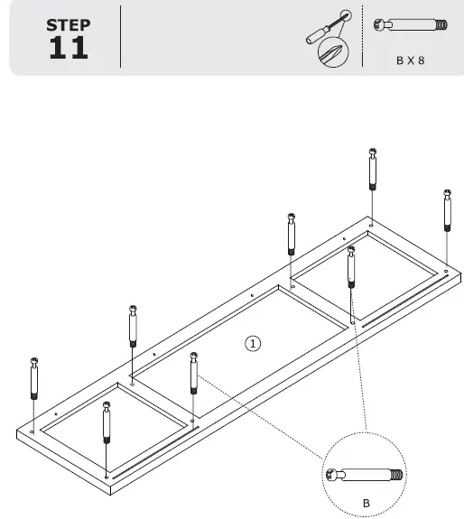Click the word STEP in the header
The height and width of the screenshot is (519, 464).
(x=68, y=25)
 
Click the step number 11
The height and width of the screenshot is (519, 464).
(x=68, y=48)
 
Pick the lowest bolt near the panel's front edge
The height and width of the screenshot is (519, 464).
(x=107, y=424)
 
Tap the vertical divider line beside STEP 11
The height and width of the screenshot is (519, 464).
(x=120, y=37)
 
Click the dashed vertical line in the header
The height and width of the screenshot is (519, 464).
(x=362, y=36)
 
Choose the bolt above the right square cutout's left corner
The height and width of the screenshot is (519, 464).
(x=291, y=235)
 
